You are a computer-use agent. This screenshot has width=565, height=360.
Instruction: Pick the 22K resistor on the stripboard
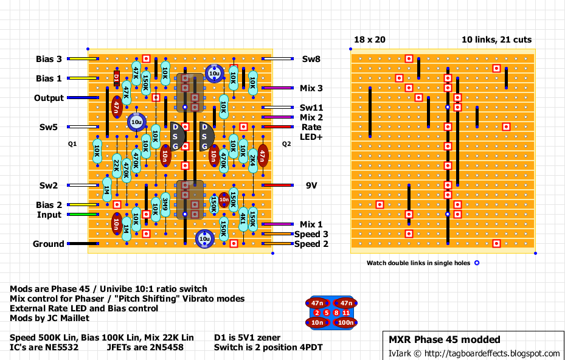(x=116, y=165)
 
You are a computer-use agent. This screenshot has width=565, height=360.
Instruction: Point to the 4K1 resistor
(x=243, y=219)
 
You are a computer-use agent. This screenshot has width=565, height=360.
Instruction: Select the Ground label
(x=48, y=244)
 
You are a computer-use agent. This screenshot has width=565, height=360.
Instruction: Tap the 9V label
(x=312, y=185)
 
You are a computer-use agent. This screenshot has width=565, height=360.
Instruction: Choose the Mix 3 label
(x=311, y=88)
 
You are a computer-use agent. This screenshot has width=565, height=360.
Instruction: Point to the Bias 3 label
(x=49, y=59)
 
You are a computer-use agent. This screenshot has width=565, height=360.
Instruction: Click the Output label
(x=49, y=98)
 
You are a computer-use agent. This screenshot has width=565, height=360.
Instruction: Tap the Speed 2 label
(x=311, y=244)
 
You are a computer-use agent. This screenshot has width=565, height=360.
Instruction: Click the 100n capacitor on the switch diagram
(x=346, y=322)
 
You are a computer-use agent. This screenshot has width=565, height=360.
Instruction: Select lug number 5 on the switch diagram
(x=326, y=313)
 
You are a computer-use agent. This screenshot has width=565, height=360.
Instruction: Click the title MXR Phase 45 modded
(x=445, y=339)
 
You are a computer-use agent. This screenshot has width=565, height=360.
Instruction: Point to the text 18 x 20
(x=369, y=40)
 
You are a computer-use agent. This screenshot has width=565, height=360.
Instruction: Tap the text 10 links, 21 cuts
(x=496, y=40)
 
